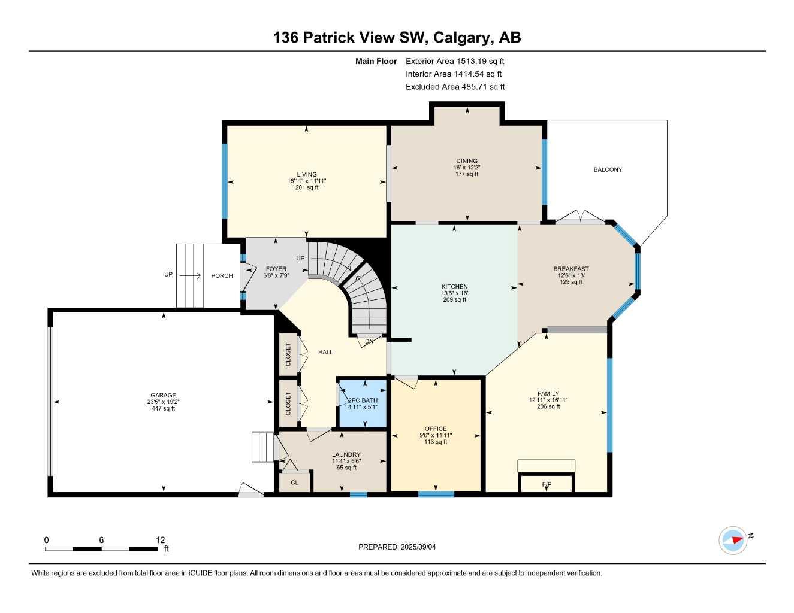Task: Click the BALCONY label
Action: [608, 169]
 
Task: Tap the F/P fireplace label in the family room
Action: [546, 484]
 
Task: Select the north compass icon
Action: [733, 540]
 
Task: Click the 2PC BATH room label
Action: [363, 400]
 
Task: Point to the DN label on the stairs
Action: [369, 341]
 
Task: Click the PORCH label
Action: [222, 275]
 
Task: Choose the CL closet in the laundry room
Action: [294, 482]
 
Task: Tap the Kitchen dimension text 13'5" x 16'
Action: [454, 293]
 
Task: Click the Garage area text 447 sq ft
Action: [163, 408]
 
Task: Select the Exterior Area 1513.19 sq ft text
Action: [455, 61]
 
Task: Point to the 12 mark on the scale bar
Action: [160, 540]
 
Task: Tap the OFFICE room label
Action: [436, 429]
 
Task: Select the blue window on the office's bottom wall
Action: [436, 494]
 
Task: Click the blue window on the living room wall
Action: [225, 181]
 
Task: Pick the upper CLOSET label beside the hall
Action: [288, 354]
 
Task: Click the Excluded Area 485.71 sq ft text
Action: [455, 87]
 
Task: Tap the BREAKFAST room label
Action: [570, 269]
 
